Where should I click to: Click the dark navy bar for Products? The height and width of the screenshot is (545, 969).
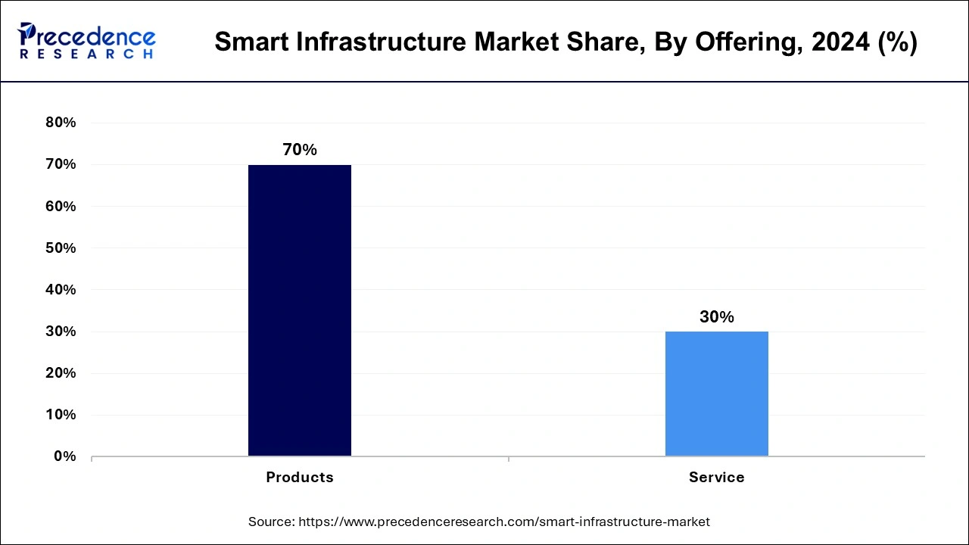point(300,310)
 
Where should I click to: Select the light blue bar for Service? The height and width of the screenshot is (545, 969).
point(716,394)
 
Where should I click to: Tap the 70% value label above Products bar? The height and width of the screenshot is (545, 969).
point(300,150)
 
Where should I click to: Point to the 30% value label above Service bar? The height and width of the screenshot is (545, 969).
point(716,317)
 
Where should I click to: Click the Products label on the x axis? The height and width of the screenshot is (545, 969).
point(300,477)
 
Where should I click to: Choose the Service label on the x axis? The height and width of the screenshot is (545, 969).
point(716,477)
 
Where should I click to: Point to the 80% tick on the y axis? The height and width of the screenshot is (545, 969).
point(61,123)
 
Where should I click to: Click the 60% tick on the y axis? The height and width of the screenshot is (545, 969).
point(61,206)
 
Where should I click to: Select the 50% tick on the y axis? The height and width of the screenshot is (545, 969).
point(61,248)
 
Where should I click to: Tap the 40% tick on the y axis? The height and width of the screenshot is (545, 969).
point(61,289)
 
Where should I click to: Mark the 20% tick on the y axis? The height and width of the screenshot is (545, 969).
point(61,373)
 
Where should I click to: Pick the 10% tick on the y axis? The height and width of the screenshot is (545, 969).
point(61,415)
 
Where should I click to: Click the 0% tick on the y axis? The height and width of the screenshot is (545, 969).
point(65,456)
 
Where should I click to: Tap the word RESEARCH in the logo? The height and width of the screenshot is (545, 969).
point(86,54)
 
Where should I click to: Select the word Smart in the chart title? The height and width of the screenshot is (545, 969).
point(248,42)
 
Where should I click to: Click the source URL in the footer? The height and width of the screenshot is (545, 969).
point(504,522)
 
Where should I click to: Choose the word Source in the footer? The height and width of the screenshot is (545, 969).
point(271,522)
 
